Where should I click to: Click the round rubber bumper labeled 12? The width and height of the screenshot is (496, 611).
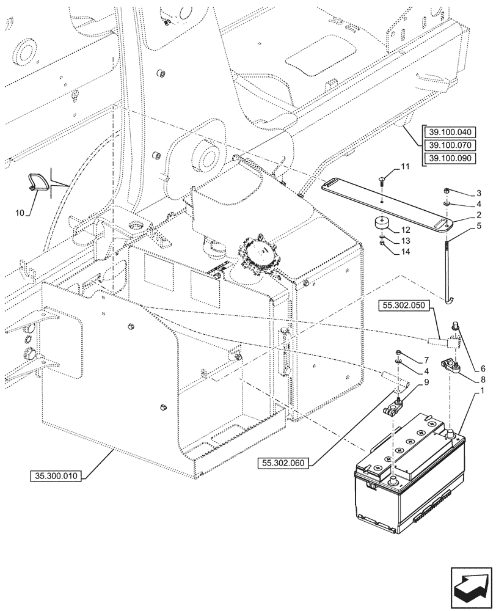(382, 222)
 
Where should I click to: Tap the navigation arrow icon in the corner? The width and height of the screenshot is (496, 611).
(470, 587)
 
